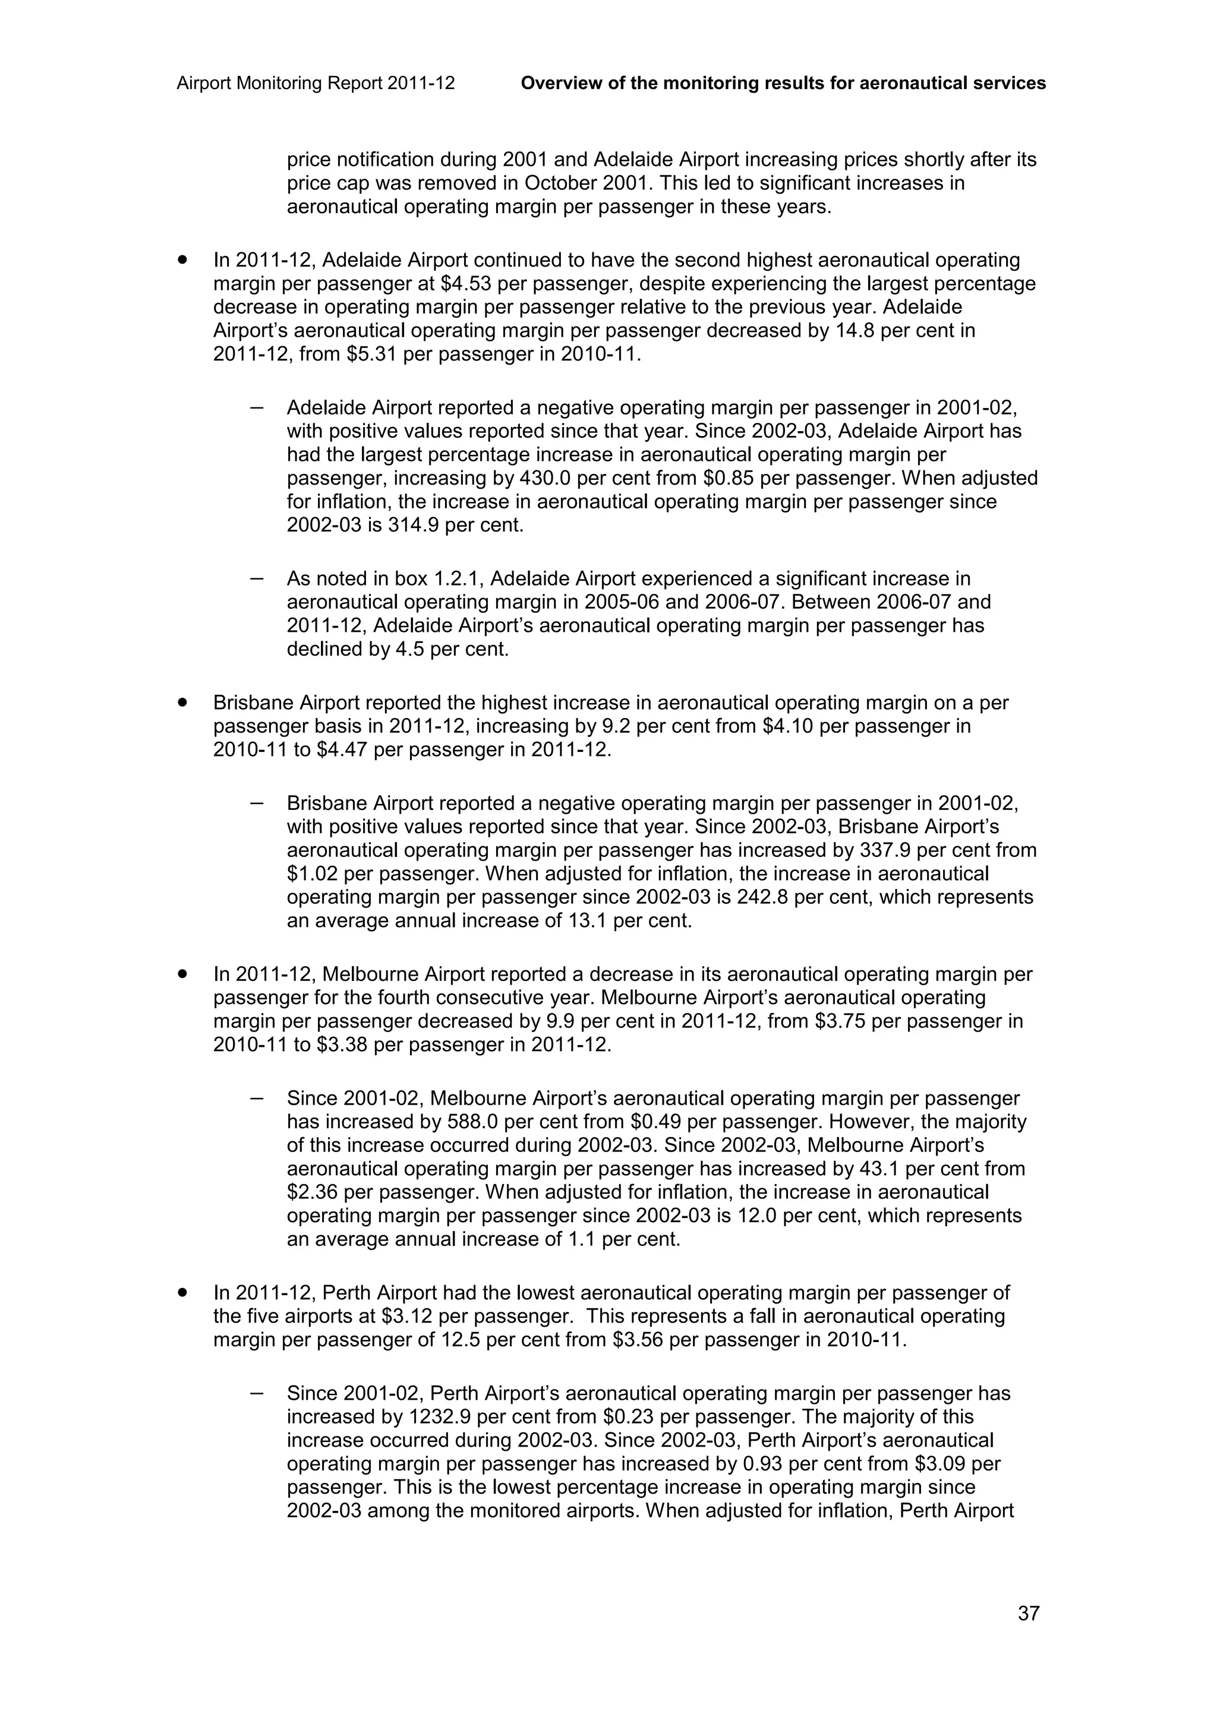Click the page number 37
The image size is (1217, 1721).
point(1028,1613)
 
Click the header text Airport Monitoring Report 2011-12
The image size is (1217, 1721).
point(316,83)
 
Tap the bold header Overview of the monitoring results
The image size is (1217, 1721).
point(783,83)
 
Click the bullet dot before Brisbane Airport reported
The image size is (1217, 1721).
point(181,703)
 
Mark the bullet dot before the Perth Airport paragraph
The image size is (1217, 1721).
point(181,1293)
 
